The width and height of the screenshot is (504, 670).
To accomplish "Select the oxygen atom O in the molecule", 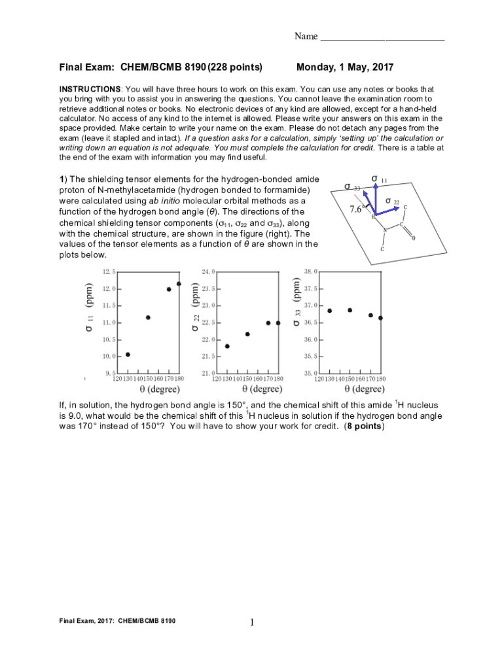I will (413, 238).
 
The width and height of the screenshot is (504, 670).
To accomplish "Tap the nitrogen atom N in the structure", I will (385, 230).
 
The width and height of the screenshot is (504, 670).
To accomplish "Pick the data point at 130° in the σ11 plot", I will (128, 355).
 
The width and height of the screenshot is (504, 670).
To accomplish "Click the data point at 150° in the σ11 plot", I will (148, 317).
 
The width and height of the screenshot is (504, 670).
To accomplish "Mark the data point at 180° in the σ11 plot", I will (179, 284).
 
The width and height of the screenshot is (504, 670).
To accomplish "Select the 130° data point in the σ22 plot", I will (227, 346).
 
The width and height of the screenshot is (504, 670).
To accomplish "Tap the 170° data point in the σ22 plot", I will (268, 323).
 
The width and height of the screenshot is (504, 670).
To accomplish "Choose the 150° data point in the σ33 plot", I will (350, 310).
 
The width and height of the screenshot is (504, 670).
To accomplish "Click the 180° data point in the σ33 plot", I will (380, 318).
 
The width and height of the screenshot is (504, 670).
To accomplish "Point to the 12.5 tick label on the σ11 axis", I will (109, 271).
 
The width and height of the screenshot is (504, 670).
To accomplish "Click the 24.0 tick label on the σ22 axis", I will (209, 271).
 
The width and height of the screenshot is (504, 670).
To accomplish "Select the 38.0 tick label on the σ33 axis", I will (311, 271).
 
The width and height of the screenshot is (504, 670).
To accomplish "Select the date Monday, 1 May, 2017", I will (345, 67).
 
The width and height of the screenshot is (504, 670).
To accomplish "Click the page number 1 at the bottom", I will (252, 623).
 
